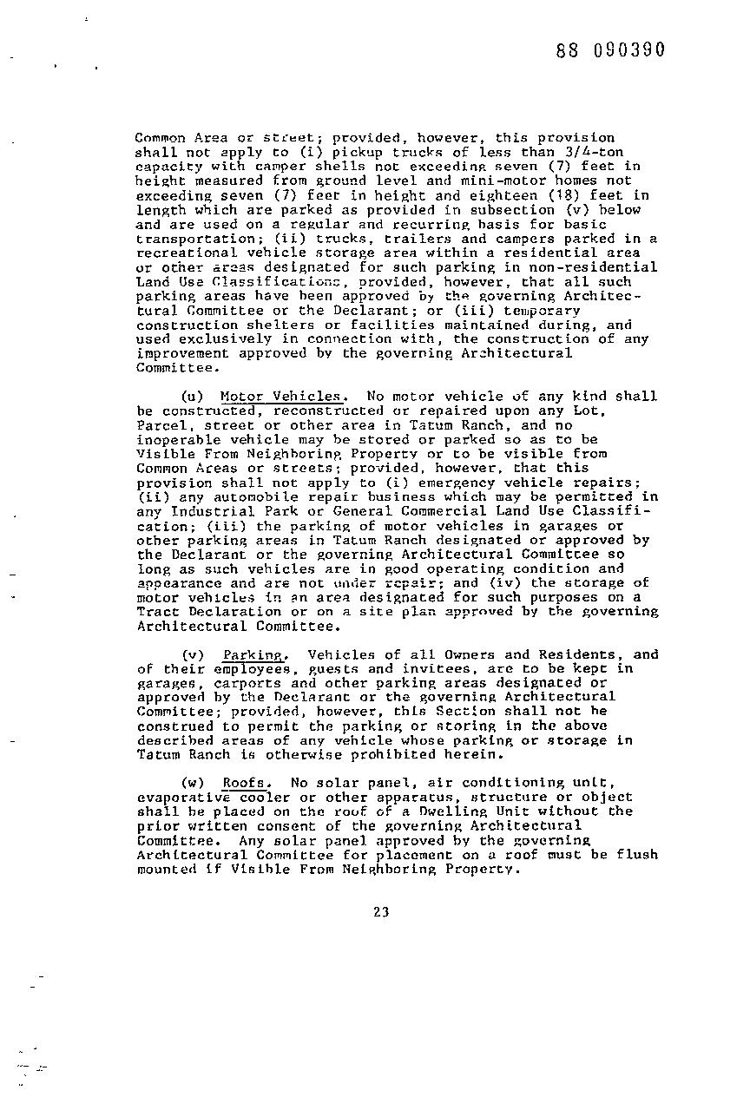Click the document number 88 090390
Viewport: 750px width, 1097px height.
(610, 49)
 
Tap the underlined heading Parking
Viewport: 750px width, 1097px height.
(253, 654)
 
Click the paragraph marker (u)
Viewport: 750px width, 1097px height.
(192, 397)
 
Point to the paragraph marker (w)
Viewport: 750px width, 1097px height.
(193, 783)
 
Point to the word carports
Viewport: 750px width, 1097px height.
(223, 683)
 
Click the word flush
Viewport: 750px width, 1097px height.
(637, 855)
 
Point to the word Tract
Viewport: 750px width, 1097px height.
(157, 612)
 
